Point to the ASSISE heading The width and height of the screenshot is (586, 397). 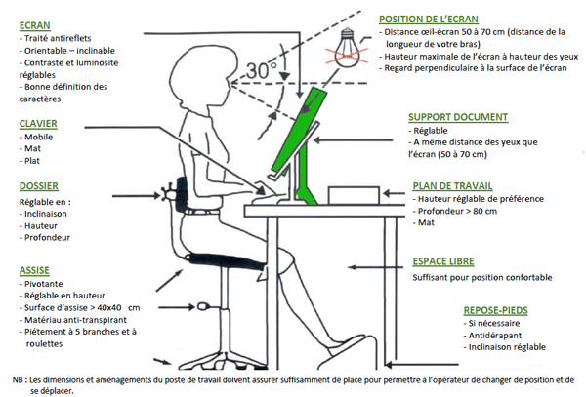(x=37, y=269)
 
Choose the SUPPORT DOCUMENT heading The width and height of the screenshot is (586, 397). (x=457, y=117)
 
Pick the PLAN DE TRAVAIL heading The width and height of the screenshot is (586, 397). (x=450, y=185)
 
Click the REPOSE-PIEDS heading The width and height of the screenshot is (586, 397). (x=497, y=309)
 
